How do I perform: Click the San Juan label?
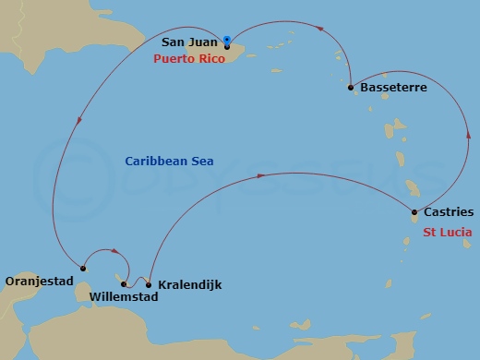coord(189,42)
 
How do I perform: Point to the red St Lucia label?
coord(449,232)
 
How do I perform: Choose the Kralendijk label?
coord(189,285)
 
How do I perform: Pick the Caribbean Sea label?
coord(169,162)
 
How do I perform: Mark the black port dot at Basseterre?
coord(351,89)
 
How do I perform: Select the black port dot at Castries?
coord(414,214)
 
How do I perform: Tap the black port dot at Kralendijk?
coord(149,284)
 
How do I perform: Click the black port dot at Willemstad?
coord(124,284)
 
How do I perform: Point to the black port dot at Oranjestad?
coord(82,269)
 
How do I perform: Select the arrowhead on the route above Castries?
coord(467,138)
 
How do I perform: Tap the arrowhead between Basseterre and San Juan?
coord(319,28)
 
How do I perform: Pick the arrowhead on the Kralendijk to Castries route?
coord(261,174)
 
